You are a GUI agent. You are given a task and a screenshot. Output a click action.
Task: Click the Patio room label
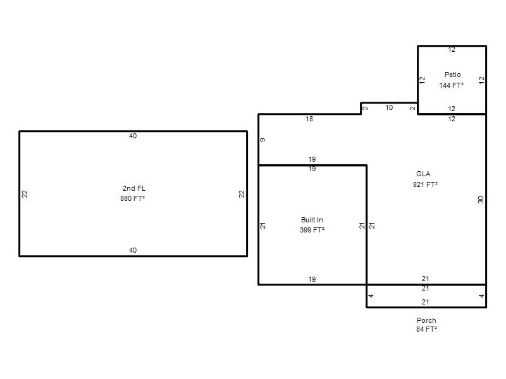click(x=452, y=75)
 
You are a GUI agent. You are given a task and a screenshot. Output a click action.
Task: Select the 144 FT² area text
click(x=451, y=85)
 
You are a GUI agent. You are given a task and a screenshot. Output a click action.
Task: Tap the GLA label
click(x=423, y=174)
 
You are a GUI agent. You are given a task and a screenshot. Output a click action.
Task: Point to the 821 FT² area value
click(x=425, y=184)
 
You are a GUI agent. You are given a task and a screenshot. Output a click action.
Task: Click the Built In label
click(x=312, y=220)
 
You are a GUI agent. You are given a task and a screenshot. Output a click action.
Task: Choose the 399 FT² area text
click(x=312, y=230)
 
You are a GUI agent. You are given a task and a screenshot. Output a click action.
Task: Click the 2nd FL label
click(x=133, y=188)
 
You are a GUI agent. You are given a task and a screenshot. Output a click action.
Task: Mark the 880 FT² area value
click(x=132, y=198)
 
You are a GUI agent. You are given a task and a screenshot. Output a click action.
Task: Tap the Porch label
click(x=426, y=320)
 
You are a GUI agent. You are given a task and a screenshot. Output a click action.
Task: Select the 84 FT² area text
click(x=426, y=329)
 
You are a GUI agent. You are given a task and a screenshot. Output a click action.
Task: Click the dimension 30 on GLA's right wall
click(x=481, y=200)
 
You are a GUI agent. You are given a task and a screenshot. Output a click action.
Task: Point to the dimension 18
click(x=309, y=119)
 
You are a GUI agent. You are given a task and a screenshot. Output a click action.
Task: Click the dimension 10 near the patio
click(x=389, y=107)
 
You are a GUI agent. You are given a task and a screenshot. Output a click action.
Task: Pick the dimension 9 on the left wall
click(x=262, y=140)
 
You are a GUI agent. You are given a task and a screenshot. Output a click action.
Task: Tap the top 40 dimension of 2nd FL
click(x=133, y=136)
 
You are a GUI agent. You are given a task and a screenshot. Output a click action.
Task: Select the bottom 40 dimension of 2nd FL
click(x=133, y=250)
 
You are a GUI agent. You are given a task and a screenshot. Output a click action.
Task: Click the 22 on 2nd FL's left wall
click(x=25, y=194)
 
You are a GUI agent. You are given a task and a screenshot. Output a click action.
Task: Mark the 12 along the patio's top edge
click(x=452, y=50)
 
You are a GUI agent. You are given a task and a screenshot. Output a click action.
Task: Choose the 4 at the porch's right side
click(x=481, y=296)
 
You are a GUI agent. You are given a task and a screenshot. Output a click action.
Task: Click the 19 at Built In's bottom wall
click(x=312, y=279)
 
